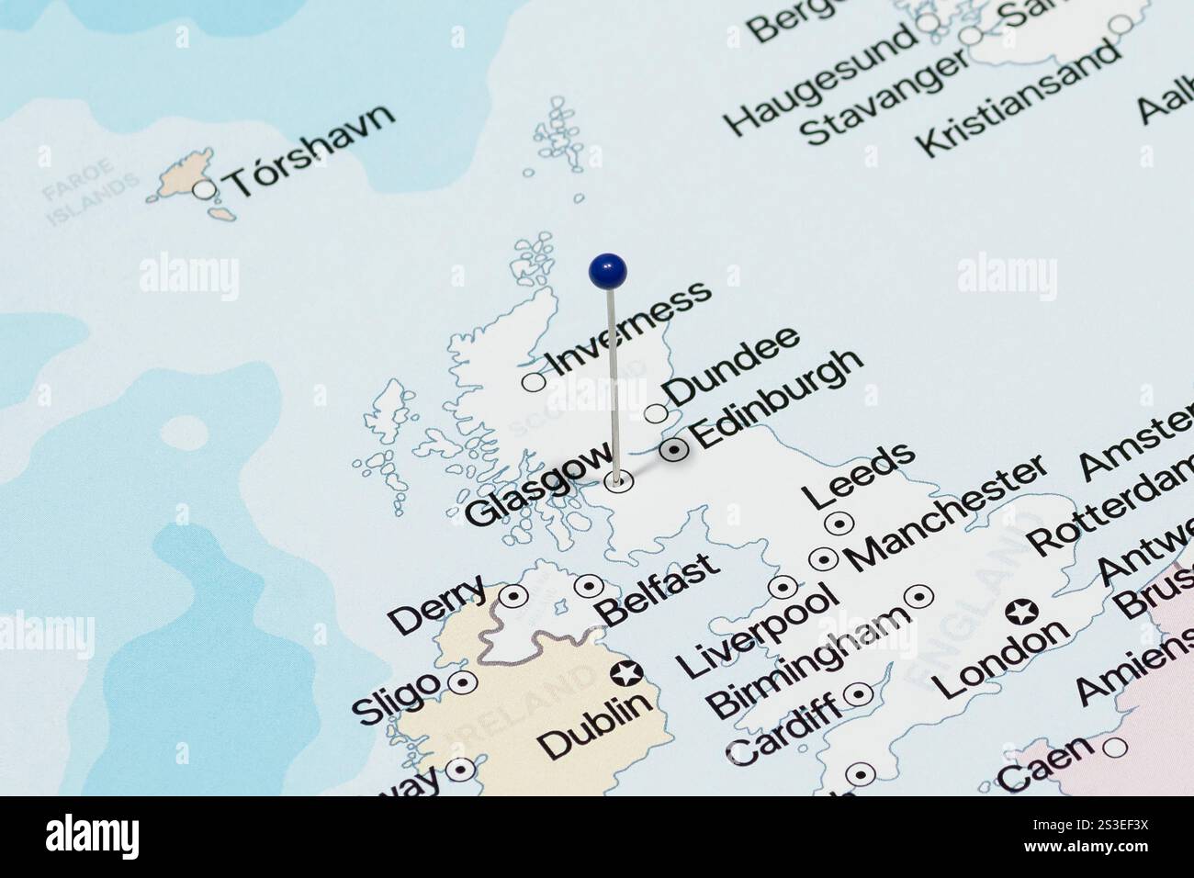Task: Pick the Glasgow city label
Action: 538,483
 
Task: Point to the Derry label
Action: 437,604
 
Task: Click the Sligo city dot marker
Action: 461,683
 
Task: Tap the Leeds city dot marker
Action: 839,523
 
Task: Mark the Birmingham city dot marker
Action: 918,596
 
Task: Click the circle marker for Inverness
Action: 534,381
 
